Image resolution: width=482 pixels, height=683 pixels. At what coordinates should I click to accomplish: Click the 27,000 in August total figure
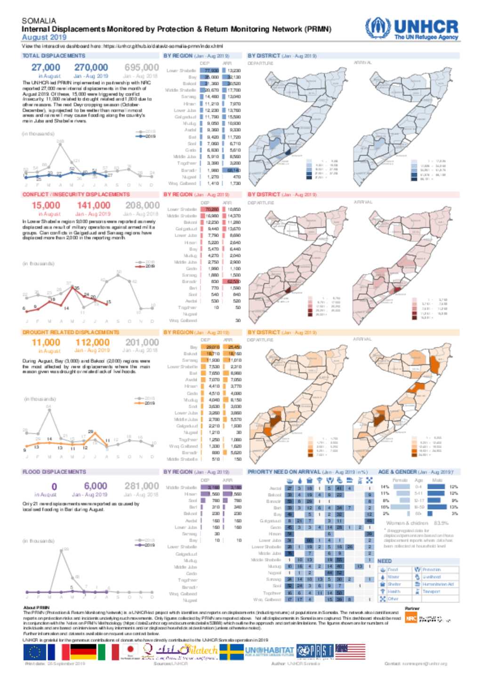[46, 67]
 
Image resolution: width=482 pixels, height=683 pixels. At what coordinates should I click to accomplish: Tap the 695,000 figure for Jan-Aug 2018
[141, 67]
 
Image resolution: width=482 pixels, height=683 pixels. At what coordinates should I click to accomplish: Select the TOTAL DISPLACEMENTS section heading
[54, 56]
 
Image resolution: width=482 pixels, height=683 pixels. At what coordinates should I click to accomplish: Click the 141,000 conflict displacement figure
[93, 205]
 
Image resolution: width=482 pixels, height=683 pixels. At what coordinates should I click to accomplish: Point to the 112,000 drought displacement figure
[92, 343]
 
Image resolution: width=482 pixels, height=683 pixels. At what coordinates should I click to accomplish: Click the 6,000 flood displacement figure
[96, 486]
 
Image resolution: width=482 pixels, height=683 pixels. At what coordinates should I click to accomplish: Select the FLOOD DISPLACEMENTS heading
[54, 472]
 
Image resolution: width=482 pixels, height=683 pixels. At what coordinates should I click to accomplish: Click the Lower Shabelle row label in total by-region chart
[181, 70]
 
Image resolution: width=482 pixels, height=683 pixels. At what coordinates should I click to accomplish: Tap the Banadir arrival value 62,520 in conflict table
[233, 281]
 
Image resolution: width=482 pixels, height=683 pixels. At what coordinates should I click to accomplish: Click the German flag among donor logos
[83, 652]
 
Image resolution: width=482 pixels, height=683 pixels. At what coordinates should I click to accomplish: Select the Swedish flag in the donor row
[232, 652]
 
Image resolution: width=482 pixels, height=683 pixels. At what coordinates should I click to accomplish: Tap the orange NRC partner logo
[410, 618]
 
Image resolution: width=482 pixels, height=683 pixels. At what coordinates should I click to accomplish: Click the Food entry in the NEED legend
[392, 569]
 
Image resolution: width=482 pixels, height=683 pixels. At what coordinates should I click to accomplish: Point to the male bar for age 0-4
[436, 486]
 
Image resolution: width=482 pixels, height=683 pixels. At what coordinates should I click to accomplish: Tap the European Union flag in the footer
[34, 652]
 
